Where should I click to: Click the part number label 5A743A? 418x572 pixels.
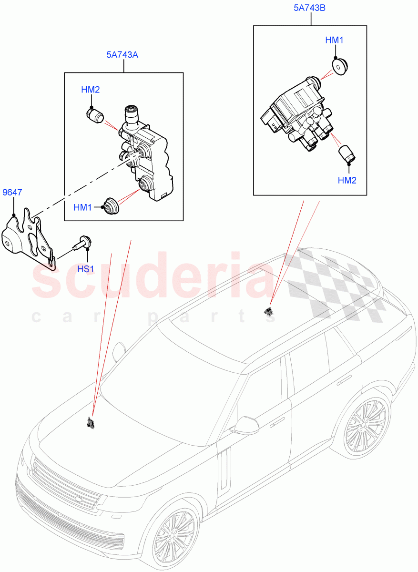pyautogui.click(x=122, y=55)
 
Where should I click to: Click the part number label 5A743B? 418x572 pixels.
pyautogui.click(x=310, y=8)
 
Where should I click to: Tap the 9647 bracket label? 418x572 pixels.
pyautogui.click(x=12, y=193)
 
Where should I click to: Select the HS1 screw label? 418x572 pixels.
pyautogui.click(x=86, y=269)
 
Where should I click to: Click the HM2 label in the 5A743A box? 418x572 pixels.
pyautogui.click(x=90, y=90)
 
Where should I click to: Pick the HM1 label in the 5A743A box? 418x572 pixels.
pyautogui.click(x=82, y=208)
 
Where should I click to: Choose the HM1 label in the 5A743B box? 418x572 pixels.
pyautogui.click(x=334, y=41)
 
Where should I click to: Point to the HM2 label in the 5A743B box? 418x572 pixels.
pyautogui.click(x=347, y=180)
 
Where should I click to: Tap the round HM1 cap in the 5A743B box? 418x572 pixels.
pyautogui.click(x=339, y=67)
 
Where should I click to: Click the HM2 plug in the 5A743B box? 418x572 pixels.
pyautogui.click(x=346, y=154)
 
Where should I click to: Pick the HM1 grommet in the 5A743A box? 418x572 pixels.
pyautogui.click(x=112, y=206)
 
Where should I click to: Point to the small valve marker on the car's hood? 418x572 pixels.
pyautogui.click(x=90, y=422)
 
